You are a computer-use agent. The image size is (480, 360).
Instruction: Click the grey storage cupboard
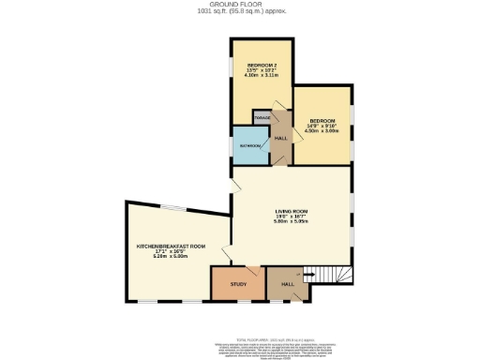(x=262, y=117)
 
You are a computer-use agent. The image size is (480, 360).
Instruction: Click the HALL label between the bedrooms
(x=280, y=138)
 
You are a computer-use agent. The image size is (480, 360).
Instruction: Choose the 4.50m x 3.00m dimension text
(x=321, y=130)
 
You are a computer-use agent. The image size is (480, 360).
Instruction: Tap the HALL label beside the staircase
(x=289, y=283)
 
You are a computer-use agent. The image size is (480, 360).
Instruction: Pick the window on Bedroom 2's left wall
(x=232, y=70)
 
